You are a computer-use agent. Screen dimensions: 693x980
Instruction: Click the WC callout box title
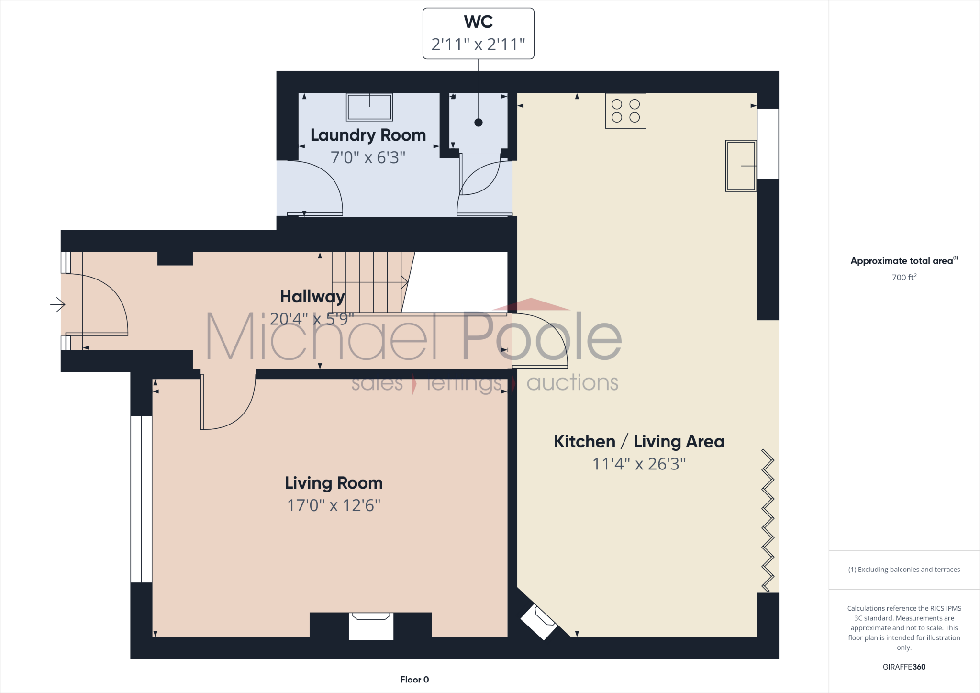[x=478, y=22]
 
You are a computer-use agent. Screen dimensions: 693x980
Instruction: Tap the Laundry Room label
[x=368, y=135]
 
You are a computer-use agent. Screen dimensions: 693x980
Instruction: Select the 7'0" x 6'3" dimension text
[x=368, y=157]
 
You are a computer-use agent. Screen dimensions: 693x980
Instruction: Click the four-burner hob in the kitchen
[x=625, y=111]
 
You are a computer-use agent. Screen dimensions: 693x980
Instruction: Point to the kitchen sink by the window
[x=741, y=166]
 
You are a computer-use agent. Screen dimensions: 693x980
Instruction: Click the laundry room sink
[x=369, y=107]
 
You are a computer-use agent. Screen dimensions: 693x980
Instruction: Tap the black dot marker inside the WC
[x=479, y=123]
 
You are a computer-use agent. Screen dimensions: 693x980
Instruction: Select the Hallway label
[x=312, y=297]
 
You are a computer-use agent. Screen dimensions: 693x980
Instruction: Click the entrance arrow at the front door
[x=58, y=304]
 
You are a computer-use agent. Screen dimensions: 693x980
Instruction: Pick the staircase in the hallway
[x=368, y=282]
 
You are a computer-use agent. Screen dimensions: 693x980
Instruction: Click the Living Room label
[x=334, y=483]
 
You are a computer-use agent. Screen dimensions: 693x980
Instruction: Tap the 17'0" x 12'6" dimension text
[x=334, y=505]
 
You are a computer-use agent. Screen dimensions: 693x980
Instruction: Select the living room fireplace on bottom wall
[x=371, y=626]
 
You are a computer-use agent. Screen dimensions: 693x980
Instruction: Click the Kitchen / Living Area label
[x=639, y=441]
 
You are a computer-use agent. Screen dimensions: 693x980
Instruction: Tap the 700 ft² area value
[x=904, y=278]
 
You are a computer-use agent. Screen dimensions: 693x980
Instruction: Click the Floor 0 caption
[x=414, y=680]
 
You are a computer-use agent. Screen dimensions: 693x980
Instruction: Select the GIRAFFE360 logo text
[x=904, y=667]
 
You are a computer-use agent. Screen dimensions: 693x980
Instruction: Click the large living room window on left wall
[x=141, y=499]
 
